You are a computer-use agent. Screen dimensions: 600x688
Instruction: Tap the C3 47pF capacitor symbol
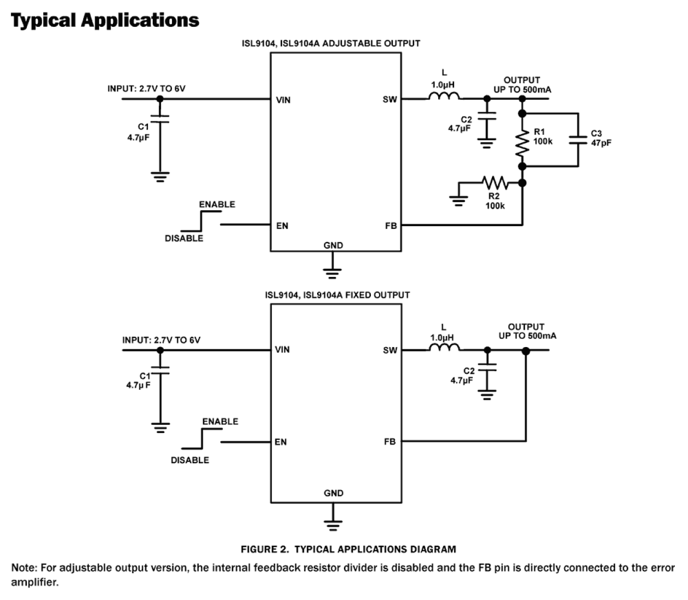[577, 140]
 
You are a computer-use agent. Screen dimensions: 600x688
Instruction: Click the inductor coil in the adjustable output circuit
[444, 97]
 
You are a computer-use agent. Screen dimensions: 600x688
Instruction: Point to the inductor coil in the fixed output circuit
[444, 347]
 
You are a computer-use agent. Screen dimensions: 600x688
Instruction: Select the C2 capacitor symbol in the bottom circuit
[486, 369]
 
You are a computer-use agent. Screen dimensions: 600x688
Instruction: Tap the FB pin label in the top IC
[391, 226]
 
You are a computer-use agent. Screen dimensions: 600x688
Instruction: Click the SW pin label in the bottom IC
[389, 350]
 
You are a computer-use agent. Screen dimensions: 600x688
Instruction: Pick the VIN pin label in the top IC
[283, 100]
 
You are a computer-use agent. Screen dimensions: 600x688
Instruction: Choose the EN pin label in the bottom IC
[280, 442]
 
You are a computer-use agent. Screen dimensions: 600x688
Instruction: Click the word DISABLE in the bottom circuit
[190, 460]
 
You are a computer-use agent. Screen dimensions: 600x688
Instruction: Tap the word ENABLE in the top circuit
[217, 205]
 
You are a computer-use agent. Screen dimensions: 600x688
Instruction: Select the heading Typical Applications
[105, 20]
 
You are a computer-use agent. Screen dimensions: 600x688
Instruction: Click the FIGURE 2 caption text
[348, 549]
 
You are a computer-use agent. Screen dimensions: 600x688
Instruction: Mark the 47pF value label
[601, 143]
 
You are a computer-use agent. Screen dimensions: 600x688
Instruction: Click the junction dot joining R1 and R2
[522, 182]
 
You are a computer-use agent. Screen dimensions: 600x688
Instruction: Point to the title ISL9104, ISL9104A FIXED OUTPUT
[337, 295]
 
